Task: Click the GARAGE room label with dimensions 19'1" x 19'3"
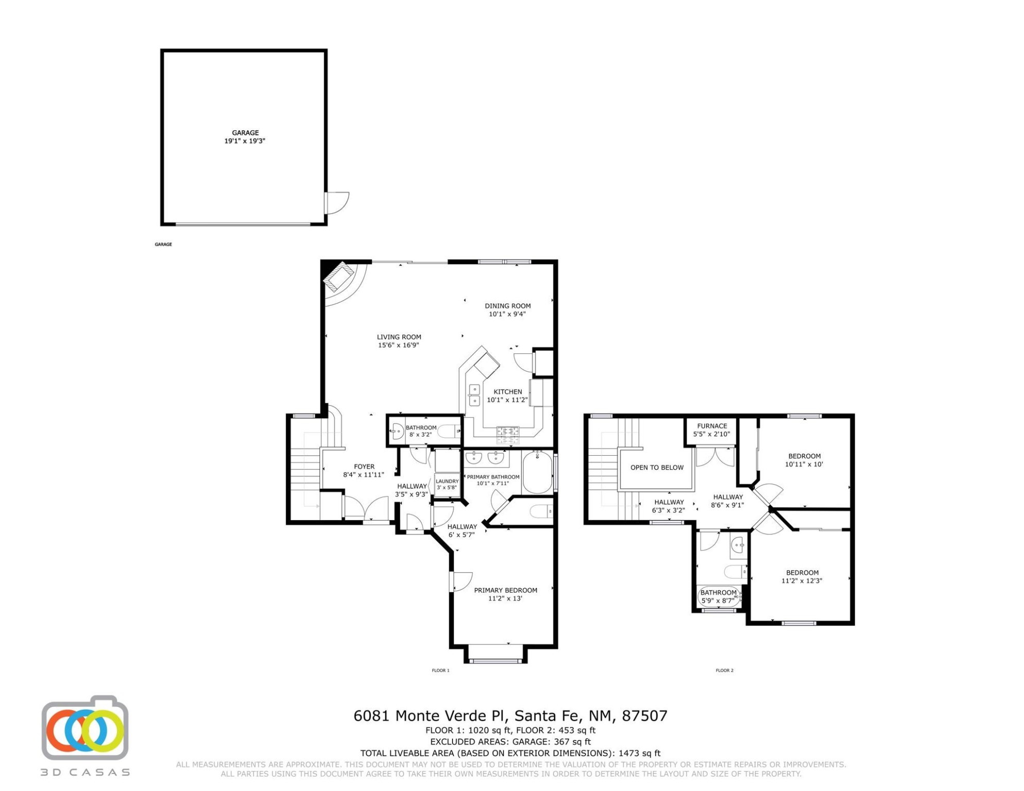(x=245, y=136)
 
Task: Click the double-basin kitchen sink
(x=474, y=394)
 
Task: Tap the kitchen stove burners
(x=508, y=434)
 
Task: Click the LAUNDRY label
(x=447, y=481)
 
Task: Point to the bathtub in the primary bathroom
(x=538, y=472)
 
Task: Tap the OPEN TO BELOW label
(x=657, y=467)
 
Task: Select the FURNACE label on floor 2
(x=712, y=426)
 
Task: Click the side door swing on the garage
(x=339, y=202)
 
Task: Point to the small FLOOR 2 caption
(x=725, y=670)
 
